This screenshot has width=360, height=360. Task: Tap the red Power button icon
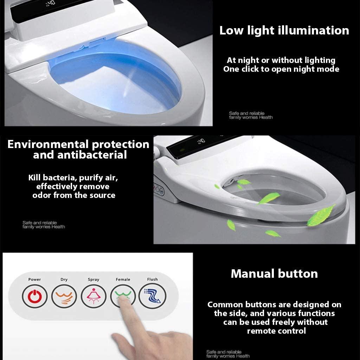point(35,296)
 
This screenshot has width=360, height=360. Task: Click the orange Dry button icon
point(64,296)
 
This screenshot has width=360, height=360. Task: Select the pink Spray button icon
point(94,296)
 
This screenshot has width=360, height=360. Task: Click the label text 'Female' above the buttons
point(123,279)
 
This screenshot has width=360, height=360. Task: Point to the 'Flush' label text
point(153,279)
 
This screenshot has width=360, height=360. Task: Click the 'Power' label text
point(34,279)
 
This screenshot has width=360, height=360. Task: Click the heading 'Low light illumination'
point(284,31)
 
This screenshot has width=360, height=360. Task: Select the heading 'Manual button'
point(274,274)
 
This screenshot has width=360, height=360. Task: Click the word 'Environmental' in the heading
point(48,144)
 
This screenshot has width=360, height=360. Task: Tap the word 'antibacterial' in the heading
point(92,155)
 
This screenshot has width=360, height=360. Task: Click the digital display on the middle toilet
point(201,141)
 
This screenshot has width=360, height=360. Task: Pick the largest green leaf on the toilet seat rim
point(321,216)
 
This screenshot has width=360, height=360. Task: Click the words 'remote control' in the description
point(276,331)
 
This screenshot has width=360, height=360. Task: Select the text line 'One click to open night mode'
point(281,69)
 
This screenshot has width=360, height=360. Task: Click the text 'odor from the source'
point(74,195)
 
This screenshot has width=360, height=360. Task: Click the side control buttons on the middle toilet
point(159,189)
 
